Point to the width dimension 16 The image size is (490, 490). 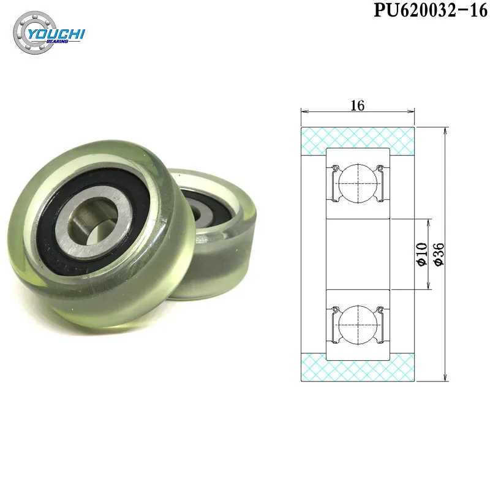coord(358,105)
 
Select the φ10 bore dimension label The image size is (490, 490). coord(421,254)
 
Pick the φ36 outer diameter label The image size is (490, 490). coord(439,254)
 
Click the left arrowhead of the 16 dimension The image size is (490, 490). coord(303,112)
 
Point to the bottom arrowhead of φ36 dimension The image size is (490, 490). coord(444,377)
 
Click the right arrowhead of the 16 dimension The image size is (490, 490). coord(412,112)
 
